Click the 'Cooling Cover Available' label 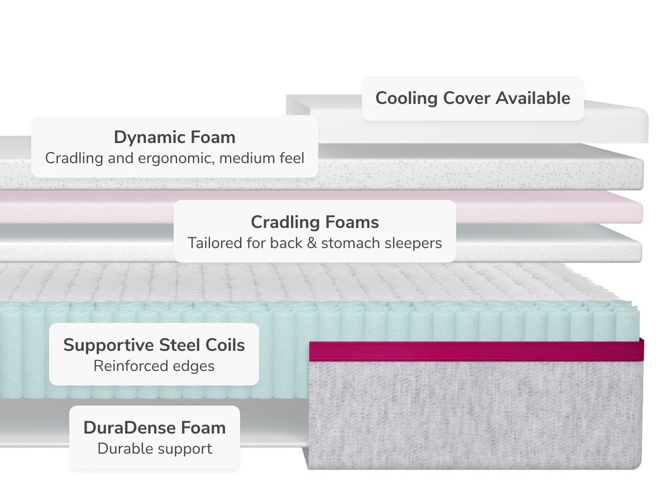click(472, 98)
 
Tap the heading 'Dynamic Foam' click(174, 137)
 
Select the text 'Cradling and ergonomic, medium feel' click(174, 158)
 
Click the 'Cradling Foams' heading click(314, 222)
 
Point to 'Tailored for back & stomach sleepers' click(314, 243)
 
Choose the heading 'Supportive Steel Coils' click(154, 345)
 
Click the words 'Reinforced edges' click(154, 366)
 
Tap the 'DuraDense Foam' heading click(154, 427)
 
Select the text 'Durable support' click(154, 449)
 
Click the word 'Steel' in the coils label click(175, 345)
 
